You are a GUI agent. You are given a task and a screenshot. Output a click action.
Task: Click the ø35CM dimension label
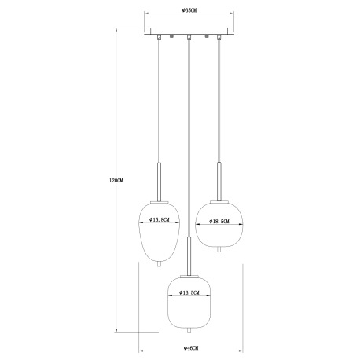[x=189, y=10]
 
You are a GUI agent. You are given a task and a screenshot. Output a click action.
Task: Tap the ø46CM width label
[x=189, y=347]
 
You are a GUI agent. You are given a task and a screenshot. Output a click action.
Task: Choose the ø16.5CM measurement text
[x=186, y=292]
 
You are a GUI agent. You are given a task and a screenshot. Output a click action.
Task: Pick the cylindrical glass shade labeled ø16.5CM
[x=188, y=307]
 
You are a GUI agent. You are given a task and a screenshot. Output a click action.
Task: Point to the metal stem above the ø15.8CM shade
[x=160, y=181]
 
